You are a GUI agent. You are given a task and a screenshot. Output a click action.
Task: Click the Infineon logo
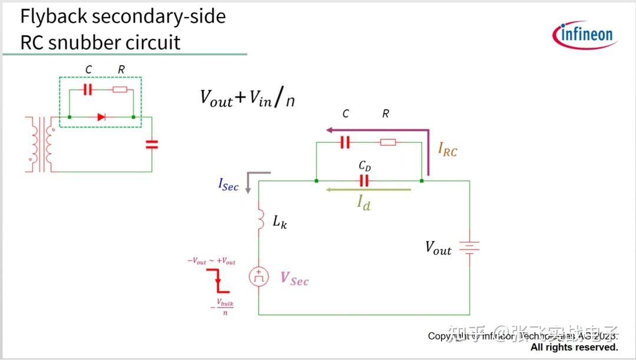click(584, 35)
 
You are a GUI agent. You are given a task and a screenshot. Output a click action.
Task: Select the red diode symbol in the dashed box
click(101, 117)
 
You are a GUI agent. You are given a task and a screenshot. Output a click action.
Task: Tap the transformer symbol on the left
click(41, 144)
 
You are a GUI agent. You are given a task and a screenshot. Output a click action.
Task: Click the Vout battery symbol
click(469, 248)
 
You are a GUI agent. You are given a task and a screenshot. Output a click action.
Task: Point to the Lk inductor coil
click(260, 219)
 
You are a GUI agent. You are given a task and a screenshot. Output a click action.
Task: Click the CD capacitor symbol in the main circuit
click(364, 180)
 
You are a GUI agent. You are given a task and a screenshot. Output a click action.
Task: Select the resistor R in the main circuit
click(387, 142)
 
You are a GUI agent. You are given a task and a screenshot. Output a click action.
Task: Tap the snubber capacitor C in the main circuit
click(345, 142)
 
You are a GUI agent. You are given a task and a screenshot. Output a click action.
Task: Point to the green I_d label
click(364, 203)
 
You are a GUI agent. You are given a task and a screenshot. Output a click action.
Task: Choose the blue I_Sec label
click(228, 185)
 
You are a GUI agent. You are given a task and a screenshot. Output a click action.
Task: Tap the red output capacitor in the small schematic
click(152, 144)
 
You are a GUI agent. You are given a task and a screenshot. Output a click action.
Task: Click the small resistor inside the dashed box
click(120, 90)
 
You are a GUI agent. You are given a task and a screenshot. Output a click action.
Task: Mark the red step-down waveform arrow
click(218, 280)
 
